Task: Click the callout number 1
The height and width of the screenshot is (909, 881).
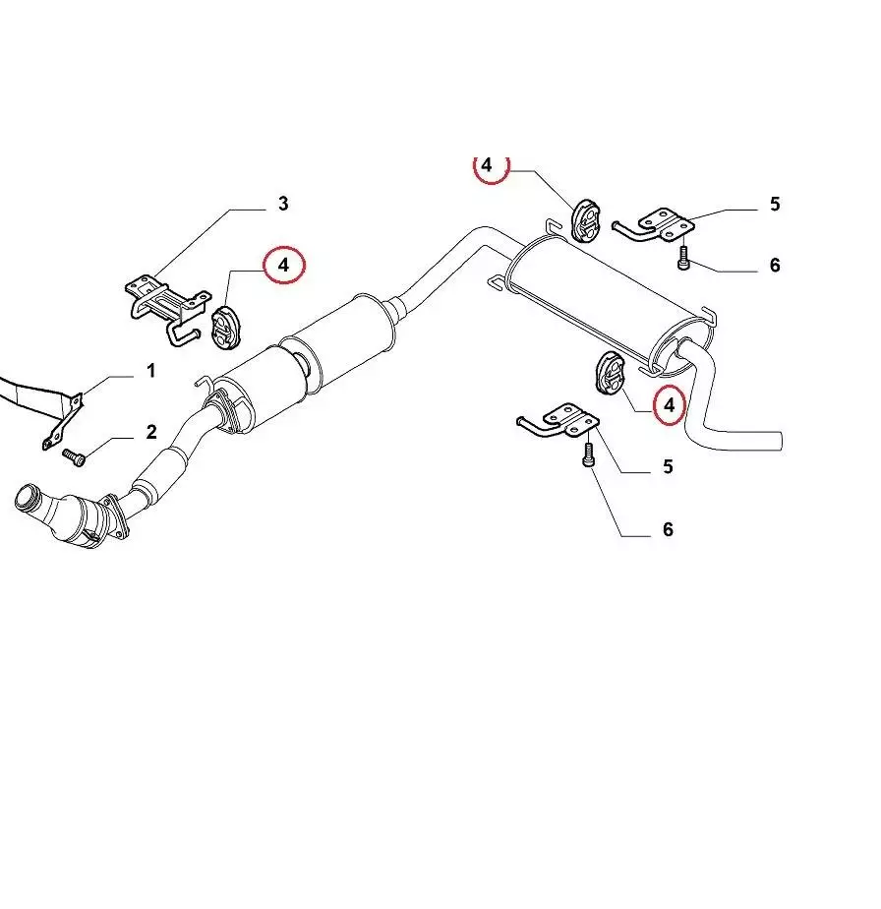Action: click(151, 371)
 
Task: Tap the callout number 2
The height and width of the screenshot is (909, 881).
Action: click(151, 432)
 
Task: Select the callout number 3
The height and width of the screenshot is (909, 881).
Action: click(283, 204)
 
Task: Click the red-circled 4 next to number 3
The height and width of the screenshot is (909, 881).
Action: click(283, 265)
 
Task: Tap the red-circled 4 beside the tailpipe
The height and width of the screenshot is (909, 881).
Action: click(670, 405)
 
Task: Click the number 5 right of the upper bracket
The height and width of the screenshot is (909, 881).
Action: click(775, 204)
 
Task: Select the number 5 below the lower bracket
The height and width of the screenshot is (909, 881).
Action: click(668, 466)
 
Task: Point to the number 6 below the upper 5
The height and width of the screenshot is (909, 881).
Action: click(775, 265)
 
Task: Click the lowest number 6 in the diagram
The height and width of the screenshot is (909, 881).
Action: click(668, 528)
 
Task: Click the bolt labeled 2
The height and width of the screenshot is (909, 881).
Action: click(74, 456)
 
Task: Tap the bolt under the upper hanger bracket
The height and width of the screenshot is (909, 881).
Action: click(682, 258)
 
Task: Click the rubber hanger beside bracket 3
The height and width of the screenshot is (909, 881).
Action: click(221, 327)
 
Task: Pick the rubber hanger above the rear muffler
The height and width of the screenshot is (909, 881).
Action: click(585, 220)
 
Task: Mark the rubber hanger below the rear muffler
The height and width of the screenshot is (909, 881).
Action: click(610, 372)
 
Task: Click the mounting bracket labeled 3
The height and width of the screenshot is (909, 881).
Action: click(167, 310)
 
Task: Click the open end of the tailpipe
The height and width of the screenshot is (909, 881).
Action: click(780, 441)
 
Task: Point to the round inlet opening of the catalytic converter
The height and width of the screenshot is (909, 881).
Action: click(26, 498)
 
